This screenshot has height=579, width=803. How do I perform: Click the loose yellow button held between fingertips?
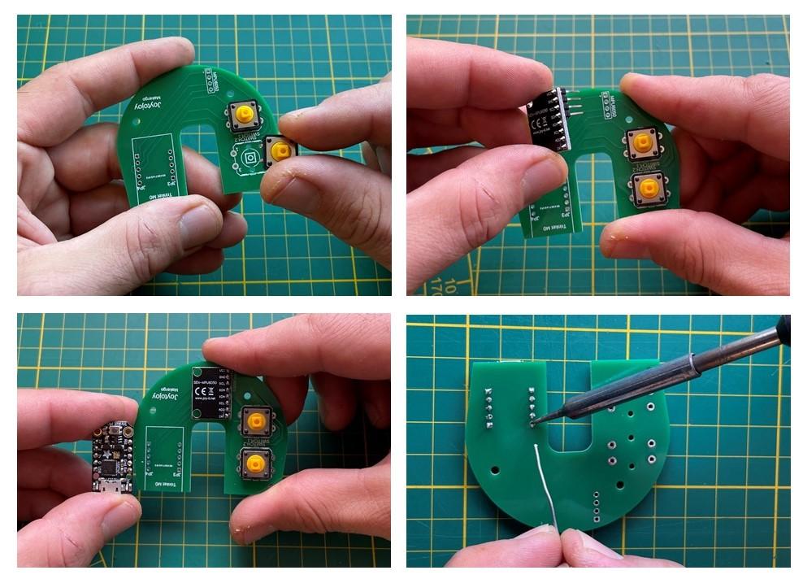(280, 151)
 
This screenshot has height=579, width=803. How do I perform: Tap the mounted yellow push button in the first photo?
(241, 115)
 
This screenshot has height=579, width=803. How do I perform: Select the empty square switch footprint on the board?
(250, 157)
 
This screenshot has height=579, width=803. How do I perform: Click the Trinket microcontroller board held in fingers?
(112, 456)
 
